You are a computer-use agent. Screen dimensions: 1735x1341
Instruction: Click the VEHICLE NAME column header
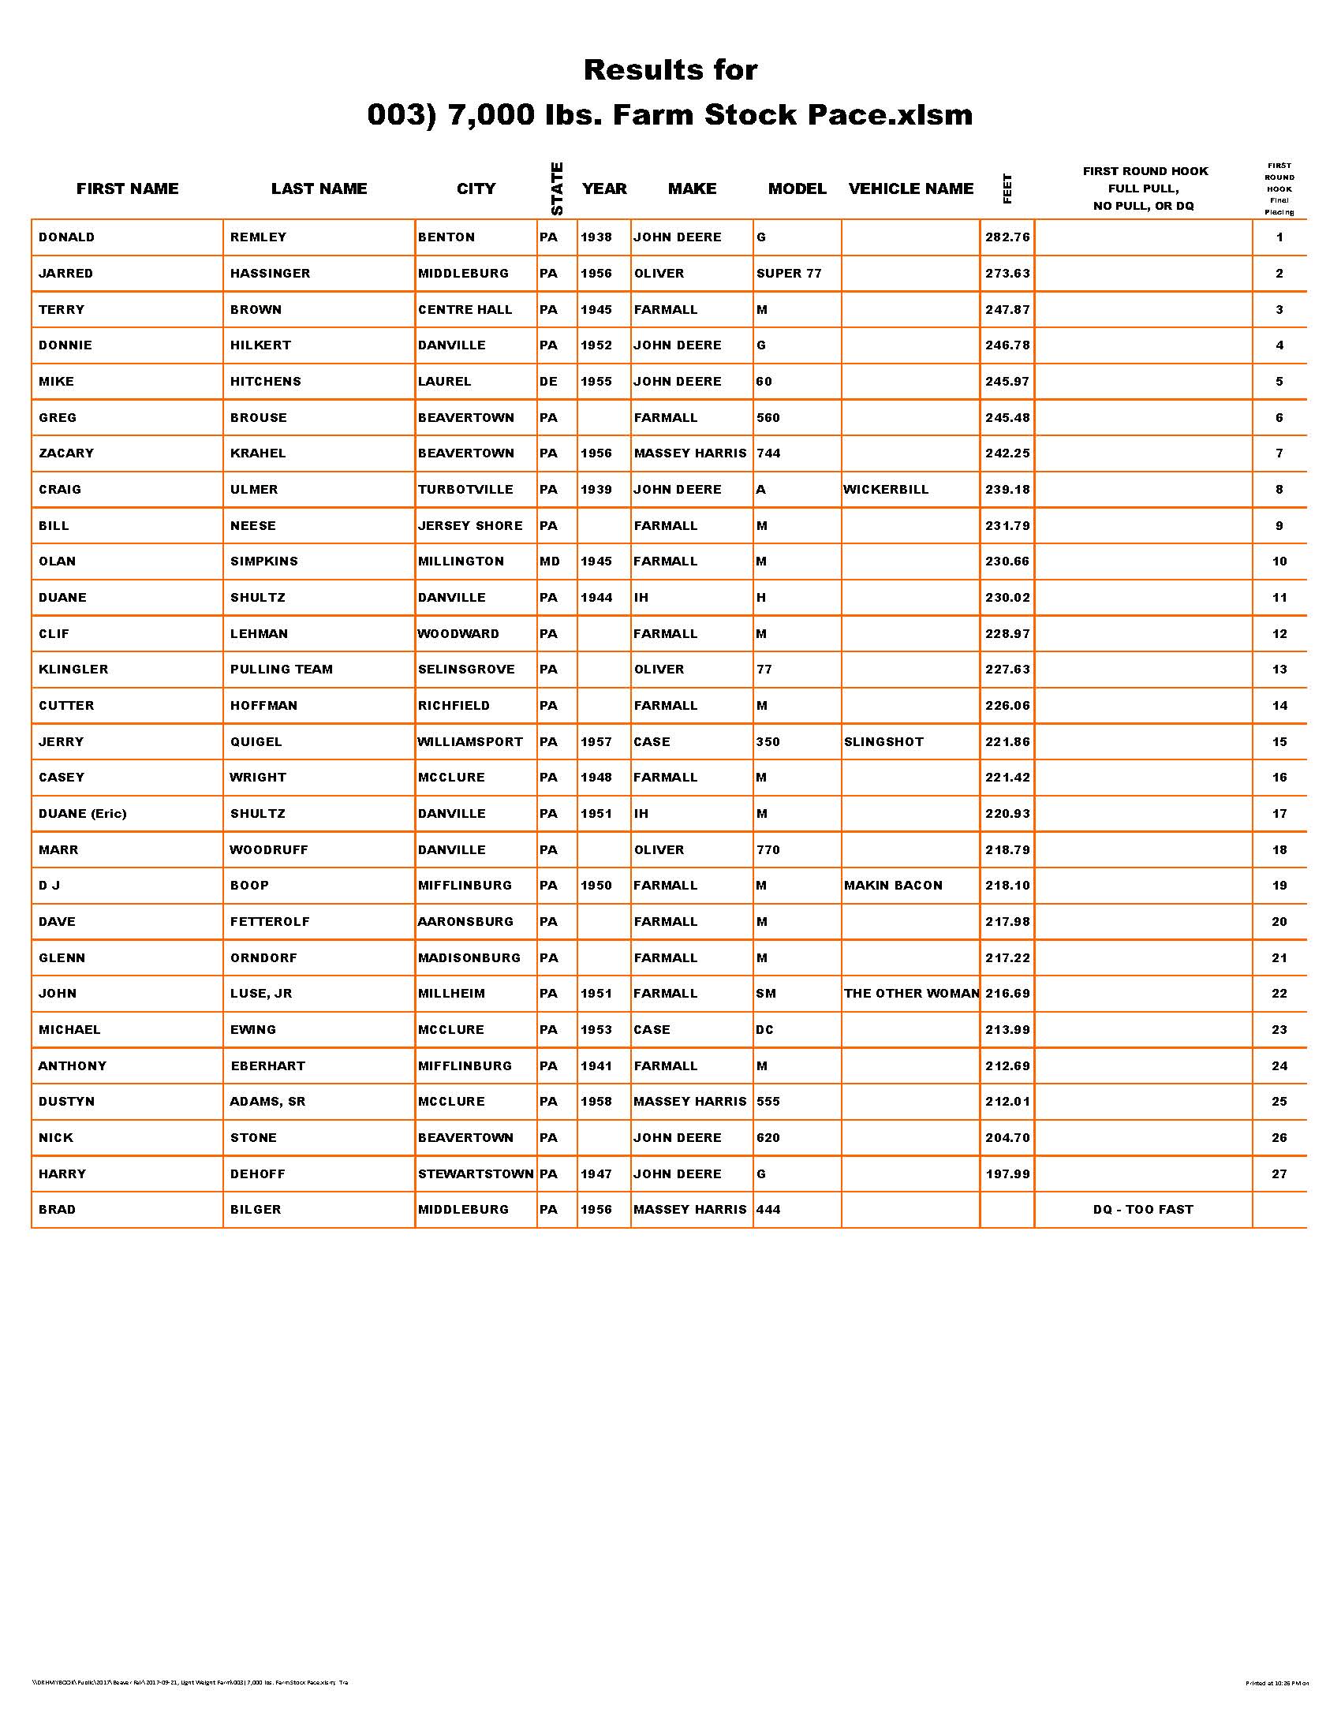[x=910, y=189]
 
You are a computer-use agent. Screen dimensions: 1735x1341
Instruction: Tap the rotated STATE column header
[x=557, y=189]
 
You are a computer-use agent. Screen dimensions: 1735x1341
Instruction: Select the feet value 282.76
[x=1007, y=237]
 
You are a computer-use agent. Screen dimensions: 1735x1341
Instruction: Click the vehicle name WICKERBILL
[x=886, y=490]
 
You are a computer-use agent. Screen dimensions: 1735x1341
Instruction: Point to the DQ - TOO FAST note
[x=1142, y=1209]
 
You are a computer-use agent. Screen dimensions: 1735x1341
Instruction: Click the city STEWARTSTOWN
[x=476, y=1173]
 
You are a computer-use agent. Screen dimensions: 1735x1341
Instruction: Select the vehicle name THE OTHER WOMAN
[x=911, y=993]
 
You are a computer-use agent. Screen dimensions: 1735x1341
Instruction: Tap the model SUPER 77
[x=789, y=274]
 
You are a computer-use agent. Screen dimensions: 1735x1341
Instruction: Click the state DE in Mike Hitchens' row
[x=548, y=382]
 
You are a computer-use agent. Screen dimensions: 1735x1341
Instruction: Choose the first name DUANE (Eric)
[x=83, y=814]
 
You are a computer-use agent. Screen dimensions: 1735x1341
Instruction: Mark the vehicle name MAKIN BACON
[x=893, y=885]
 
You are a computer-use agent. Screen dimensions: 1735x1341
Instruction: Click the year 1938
[x=596, y=237]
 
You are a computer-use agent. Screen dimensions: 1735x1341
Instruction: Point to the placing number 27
[x=1279, y=1173]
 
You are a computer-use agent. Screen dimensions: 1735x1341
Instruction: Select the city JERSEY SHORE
[x=470, y=526]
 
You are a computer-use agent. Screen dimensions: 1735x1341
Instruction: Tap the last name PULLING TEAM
[x=282, y=669]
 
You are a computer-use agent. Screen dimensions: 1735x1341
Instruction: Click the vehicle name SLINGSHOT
[x=883, y=742]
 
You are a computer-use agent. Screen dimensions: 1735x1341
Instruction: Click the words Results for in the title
[x=670, y=70]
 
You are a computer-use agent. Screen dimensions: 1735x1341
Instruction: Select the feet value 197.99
[x=1007, y=1173]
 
